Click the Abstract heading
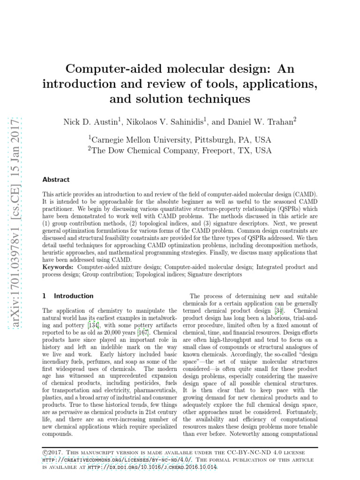(56, 180)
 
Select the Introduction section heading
(74, 296)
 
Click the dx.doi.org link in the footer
(170, 467)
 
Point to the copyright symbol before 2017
(45, 452)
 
